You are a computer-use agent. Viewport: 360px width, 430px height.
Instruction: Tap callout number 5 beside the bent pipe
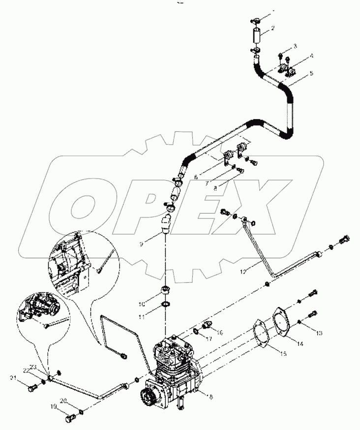[x=311, y=73]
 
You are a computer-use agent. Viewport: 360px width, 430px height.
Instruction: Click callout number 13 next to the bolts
[x=319, y=333]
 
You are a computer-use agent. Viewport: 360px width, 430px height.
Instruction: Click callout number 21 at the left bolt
[x=12, y=377]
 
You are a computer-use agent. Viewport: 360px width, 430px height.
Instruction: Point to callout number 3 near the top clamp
[x=295, y=46]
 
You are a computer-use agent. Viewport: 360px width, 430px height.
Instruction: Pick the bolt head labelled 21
[x=31, y=389]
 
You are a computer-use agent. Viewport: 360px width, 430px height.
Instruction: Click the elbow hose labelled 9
[x=166, y=224]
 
